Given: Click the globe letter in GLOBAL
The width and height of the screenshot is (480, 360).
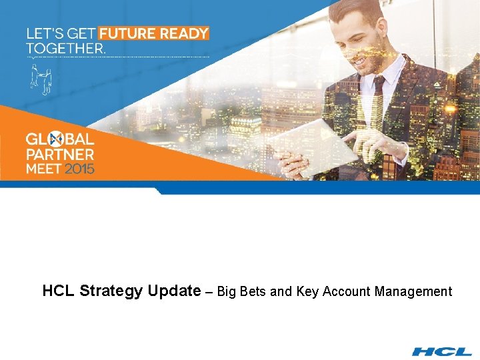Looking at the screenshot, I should coord(57,139).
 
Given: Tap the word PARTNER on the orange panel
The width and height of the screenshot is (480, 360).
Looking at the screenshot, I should coord(60,154).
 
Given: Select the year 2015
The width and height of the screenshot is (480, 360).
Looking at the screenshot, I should coord(80,169).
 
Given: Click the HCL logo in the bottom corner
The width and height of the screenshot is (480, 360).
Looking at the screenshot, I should coord(442,351).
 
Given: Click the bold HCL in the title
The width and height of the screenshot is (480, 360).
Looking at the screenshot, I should coord(59,291).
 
